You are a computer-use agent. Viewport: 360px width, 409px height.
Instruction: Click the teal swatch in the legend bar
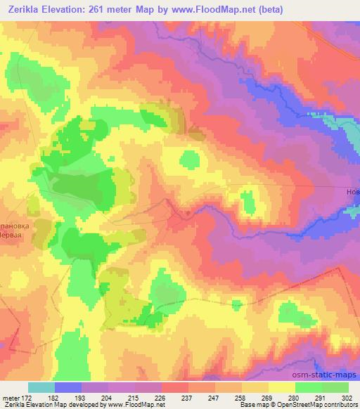click(x=41, y=387)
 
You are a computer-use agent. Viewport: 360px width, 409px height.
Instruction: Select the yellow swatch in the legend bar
click(x=282, y=387)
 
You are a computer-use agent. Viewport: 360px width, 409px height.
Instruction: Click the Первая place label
click(x=15, y=216)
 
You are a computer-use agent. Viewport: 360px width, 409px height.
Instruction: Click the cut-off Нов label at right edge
click(x=352, y=192)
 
